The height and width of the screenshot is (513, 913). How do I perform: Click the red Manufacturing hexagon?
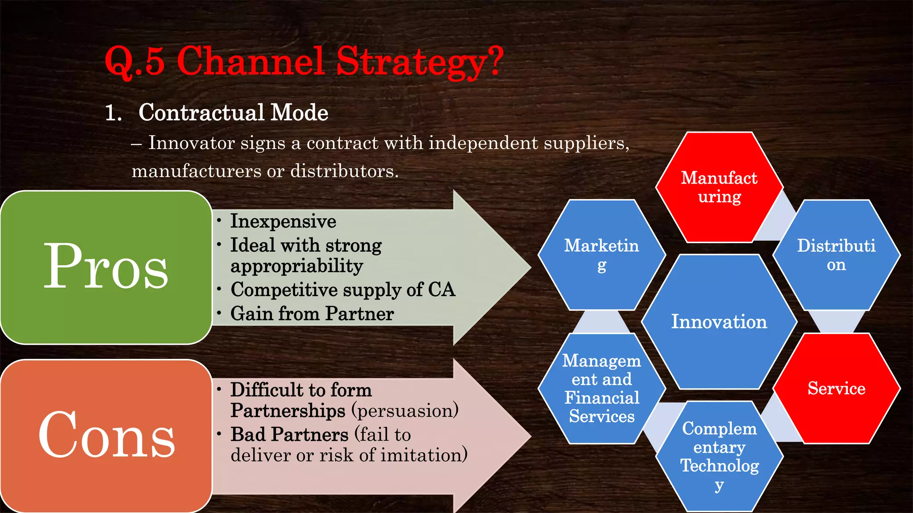pos(719,187)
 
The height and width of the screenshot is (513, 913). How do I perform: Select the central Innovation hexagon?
pos(719,322)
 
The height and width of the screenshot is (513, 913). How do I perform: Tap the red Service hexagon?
pos(836,388)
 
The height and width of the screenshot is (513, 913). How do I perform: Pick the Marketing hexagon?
pos(601,255)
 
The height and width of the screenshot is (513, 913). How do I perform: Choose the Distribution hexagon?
pos(836,255)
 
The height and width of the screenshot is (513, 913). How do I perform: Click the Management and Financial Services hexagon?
pos(601,388)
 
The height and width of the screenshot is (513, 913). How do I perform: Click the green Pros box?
pos(106,267)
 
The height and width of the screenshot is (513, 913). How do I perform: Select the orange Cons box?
pos(106,436)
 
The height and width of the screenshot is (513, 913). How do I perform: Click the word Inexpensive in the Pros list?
pos(283,221)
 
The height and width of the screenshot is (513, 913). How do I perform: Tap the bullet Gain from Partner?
pos(312,313)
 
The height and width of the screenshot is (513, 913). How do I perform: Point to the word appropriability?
pos(297,266)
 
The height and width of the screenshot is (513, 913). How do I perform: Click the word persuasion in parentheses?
pos(405,411)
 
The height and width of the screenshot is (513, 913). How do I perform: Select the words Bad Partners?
pos(289,434)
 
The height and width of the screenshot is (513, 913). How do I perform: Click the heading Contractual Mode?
pos(233,112)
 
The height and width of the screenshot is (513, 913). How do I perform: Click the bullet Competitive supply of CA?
pos(342,289)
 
